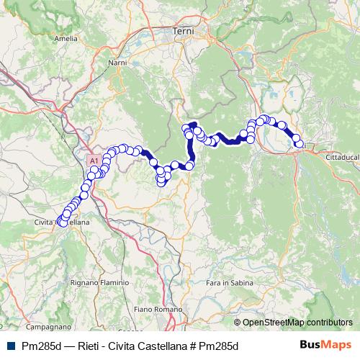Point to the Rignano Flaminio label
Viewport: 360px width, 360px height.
tap(99, 283)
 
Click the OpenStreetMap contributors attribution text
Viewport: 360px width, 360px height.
tap(299, 323)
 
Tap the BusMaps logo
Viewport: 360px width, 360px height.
tap(325, 344)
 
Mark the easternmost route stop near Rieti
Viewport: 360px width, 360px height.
tap(300, 145)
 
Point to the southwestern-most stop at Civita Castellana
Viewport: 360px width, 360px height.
tap(62, 223)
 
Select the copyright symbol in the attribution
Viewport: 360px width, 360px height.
tap(238, 323)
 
